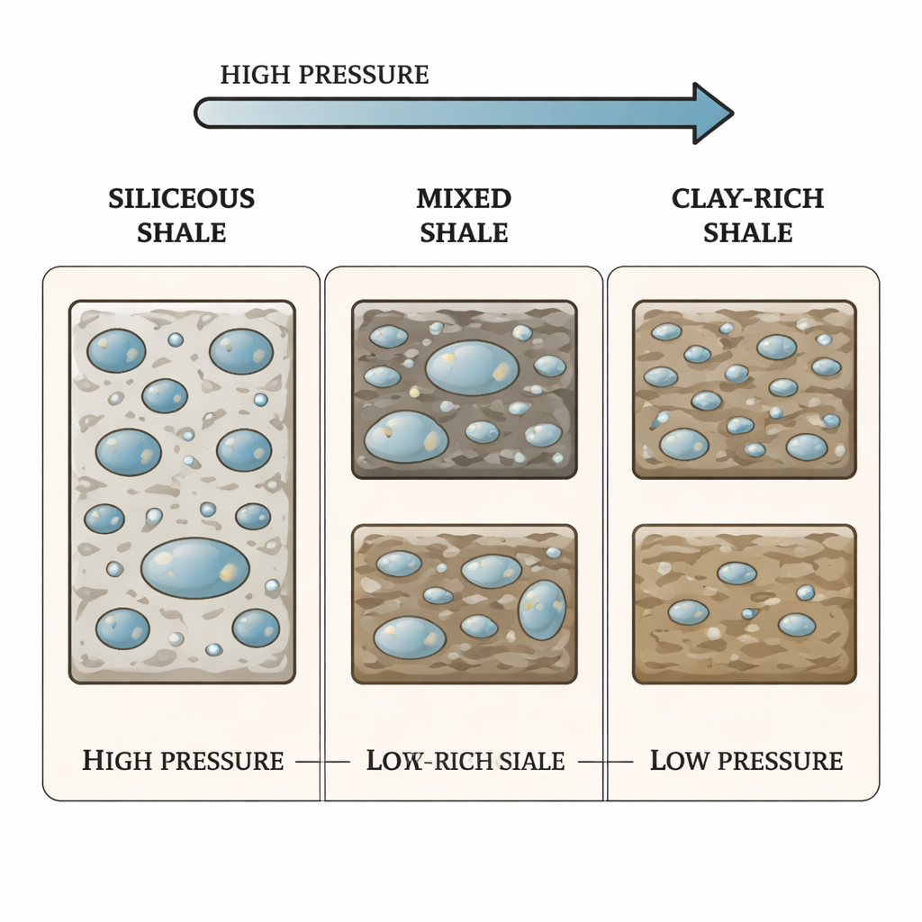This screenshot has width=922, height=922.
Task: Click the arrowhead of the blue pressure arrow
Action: [711, 113]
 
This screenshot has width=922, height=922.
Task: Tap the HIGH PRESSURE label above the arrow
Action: [324, 75]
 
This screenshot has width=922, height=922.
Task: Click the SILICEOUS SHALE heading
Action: [182, 215]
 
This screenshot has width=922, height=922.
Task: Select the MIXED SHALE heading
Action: [465, 215]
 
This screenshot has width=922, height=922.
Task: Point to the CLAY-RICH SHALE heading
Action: [747, 215]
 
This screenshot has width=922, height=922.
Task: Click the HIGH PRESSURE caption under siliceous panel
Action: [183, 761]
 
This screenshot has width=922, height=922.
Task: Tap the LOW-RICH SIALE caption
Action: [466, 761]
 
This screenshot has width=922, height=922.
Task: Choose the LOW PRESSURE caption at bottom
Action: [746, 761]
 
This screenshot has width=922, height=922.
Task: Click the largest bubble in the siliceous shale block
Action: [195, 568]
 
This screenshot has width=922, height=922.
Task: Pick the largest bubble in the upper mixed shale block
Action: [472, 367]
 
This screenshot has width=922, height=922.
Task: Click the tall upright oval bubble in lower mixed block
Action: [542, 610]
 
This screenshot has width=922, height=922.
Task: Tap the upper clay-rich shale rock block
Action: [745, 389]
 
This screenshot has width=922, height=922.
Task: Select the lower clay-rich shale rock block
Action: [745, 604]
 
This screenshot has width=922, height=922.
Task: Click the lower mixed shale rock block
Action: [464, 604]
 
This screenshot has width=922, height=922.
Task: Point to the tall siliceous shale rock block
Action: [182, 492]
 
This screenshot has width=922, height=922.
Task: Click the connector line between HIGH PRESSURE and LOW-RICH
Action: [322, 762]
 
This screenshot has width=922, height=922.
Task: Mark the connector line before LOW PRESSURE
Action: [606, 762]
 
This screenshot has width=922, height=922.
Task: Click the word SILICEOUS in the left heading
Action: [182, 198]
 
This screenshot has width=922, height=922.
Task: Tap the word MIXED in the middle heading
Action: [465, 198]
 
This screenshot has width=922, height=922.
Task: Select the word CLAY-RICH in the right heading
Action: [747, 198]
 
